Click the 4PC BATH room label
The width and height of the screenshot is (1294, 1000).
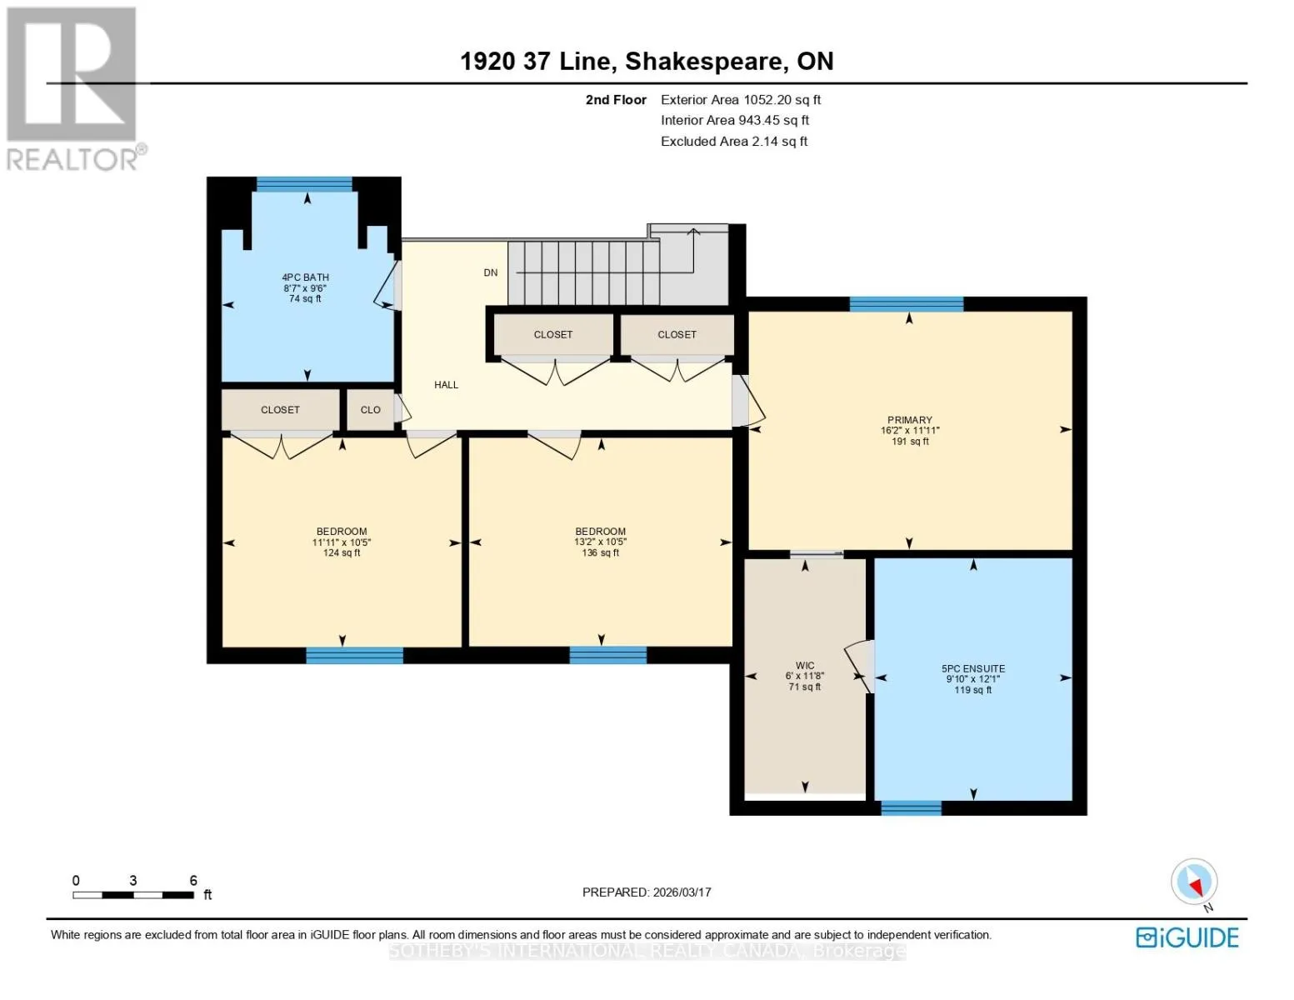[305, 277]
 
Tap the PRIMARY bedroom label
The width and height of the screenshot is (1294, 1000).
[909, 420]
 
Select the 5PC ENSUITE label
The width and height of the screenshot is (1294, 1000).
[973, 669]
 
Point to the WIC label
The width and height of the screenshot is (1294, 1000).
[805, 665]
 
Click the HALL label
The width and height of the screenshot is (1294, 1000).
[446, 385]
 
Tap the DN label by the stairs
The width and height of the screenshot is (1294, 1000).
[491, 272]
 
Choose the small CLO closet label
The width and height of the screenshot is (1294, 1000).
[371, 410]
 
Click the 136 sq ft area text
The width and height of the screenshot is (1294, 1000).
[600, 552]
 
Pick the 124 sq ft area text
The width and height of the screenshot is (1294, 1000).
[342, 552]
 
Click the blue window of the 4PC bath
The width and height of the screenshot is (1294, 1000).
[304, 184]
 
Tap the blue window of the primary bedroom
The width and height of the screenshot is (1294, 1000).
[907, 304]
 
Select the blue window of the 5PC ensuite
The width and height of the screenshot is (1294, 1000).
[911, 808]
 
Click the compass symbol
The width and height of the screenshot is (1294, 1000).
[1194, 882]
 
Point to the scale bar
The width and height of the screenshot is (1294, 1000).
[133, 895]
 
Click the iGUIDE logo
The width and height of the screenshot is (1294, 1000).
[1187, 937]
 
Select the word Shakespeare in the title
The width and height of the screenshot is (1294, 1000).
[704, 62]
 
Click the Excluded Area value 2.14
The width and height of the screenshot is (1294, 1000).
[764, 142]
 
